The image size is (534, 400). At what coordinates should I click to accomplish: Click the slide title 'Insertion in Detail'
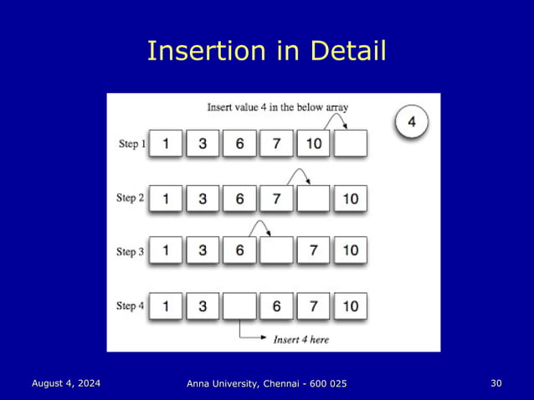266,52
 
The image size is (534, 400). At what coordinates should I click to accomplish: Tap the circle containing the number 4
411,122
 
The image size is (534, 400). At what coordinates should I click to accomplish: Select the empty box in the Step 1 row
350,143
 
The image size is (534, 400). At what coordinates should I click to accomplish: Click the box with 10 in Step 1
313,143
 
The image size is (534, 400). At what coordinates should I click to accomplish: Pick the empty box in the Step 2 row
313,198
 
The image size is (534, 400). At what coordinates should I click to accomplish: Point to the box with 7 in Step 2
276,198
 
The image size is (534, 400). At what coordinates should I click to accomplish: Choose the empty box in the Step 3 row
276,250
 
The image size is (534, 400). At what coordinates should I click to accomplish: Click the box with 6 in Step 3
239,250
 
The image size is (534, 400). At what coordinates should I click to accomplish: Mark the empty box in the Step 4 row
239,306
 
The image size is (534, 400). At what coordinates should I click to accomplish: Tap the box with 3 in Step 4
203,306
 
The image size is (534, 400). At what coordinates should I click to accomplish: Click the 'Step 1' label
131,143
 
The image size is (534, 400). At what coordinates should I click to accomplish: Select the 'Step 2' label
131,198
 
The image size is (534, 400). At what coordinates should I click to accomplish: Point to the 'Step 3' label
131,251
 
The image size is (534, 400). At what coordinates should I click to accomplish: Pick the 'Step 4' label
131,306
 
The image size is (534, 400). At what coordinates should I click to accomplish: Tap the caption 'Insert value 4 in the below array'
278,107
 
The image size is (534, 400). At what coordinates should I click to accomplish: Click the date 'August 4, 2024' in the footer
66,383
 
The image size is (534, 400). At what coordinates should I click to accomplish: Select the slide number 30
496,383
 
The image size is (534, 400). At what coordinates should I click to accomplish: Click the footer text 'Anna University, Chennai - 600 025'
266,383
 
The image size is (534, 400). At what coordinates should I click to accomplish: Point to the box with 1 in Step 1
166,143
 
